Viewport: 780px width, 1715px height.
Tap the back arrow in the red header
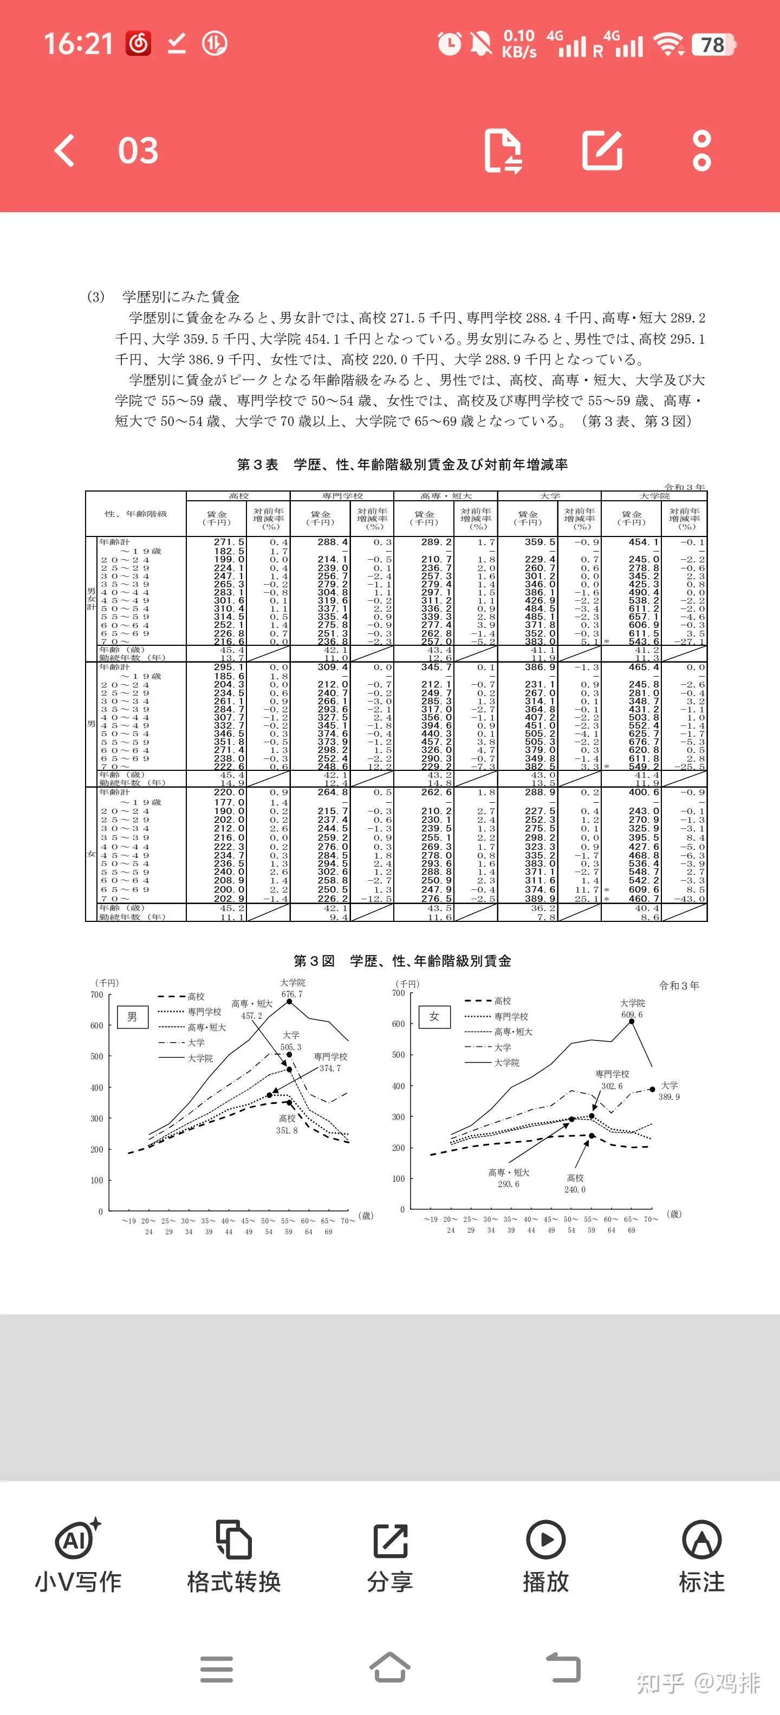tap(64, 150)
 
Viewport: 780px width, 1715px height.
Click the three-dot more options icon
tap(701, 150)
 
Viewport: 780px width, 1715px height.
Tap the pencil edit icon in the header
tap(602, 150)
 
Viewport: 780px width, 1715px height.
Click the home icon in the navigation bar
tap(389, 1668)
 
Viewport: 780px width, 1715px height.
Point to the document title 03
tap(138, 150)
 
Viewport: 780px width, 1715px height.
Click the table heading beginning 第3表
tap(402, 464)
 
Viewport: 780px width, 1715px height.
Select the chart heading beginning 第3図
tap(402, 961)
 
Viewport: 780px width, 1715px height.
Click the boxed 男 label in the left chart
tap(132, 1017)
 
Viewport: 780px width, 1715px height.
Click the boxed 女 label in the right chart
tap(434, 1017)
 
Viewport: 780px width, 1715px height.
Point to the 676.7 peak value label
tap(292, 994)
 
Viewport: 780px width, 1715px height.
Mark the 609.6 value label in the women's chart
tap(632, 1014)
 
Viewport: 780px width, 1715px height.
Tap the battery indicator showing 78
tap(713, 44)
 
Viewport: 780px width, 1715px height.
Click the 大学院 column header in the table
tap(654, 496)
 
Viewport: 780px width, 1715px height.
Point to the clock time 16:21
tap(79, 44)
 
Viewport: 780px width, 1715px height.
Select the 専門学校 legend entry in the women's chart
tap(510, 1017)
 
